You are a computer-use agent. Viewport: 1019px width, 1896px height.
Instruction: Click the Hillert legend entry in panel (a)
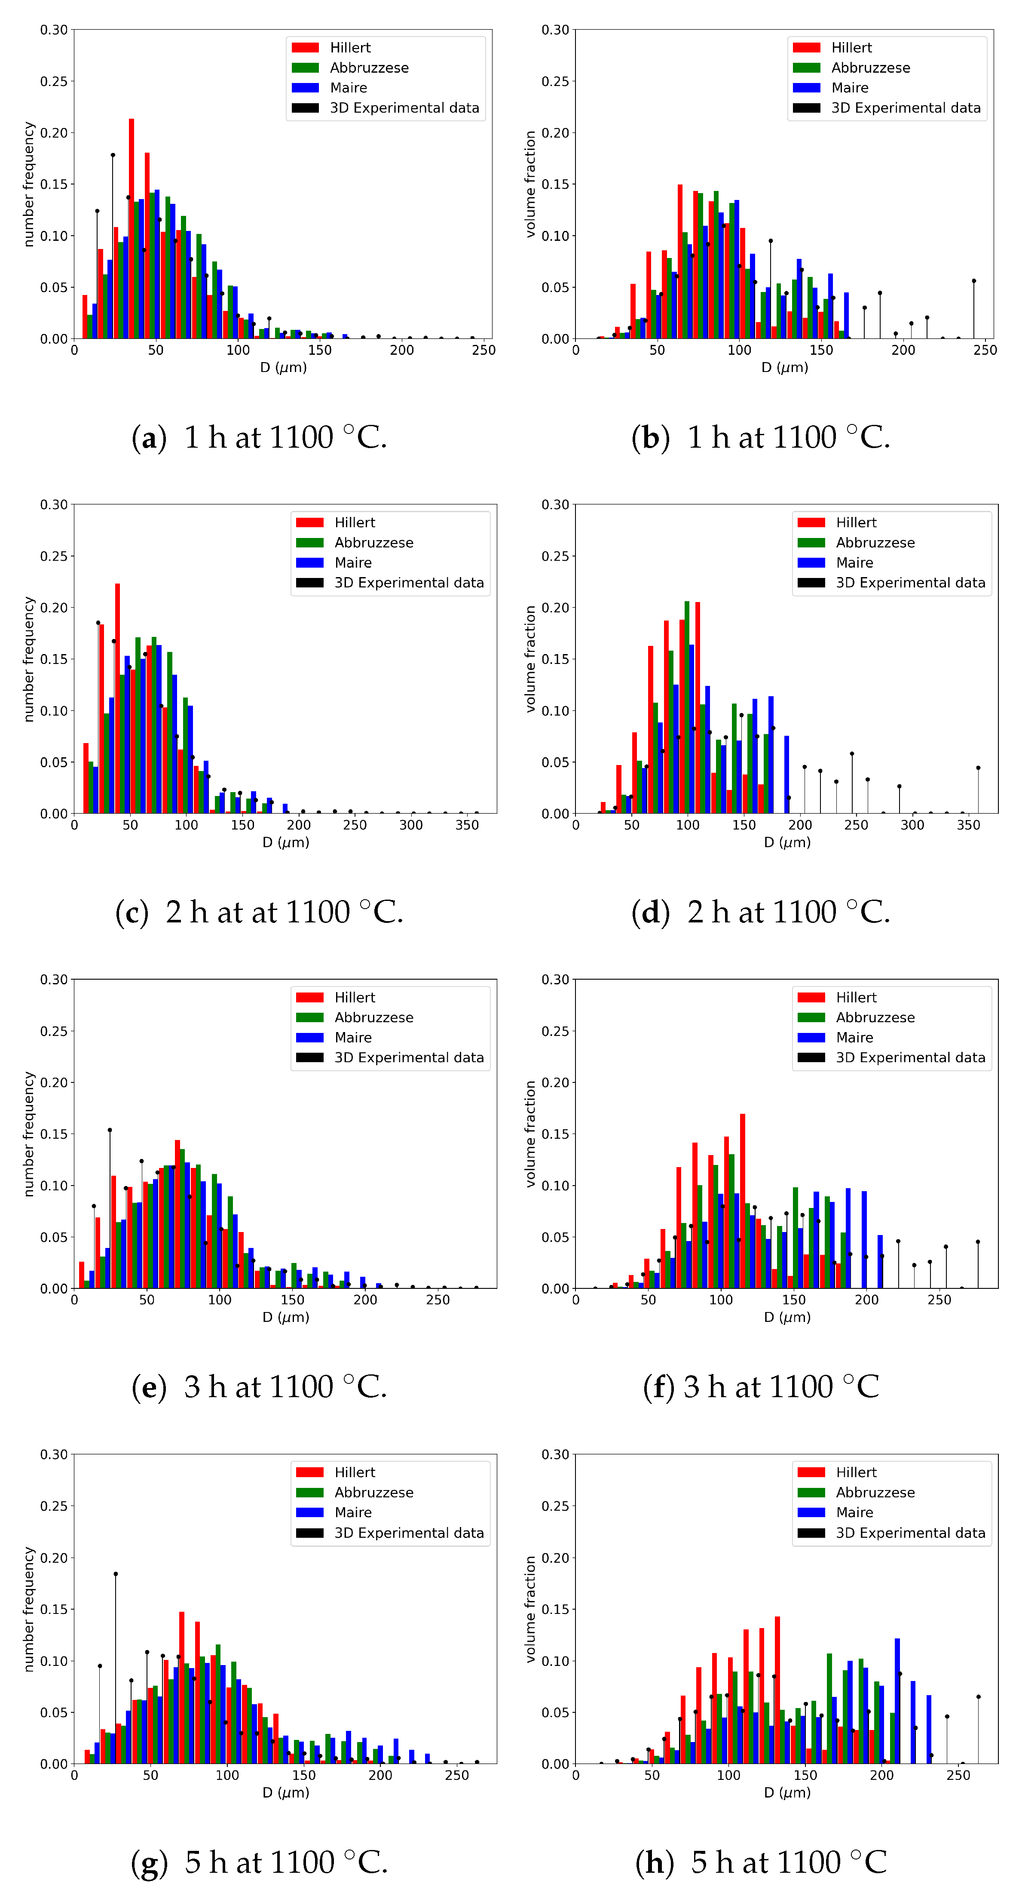349,48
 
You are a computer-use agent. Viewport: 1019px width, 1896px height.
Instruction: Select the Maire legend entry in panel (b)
850,88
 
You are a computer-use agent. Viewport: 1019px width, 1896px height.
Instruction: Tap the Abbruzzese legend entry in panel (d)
875,542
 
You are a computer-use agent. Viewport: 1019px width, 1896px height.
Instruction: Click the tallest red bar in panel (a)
132,228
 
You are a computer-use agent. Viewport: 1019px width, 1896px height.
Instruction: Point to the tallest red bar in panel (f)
742,1201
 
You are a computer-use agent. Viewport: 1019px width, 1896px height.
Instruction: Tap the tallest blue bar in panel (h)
897,1701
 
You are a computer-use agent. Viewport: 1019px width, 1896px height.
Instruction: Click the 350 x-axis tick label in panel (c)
467,825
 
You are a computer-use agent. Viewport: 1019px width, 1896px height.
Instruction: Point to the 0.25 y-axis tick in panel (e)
54,1031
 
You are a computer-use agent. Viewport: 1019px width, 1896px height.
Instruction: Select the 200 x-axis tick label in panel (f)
867,1300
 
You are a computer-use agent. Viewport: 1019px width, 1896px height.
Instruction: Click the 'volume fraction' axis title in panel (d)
530,659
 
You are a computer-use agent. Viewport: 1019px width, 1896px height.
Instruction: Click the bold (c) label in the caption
132,913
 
